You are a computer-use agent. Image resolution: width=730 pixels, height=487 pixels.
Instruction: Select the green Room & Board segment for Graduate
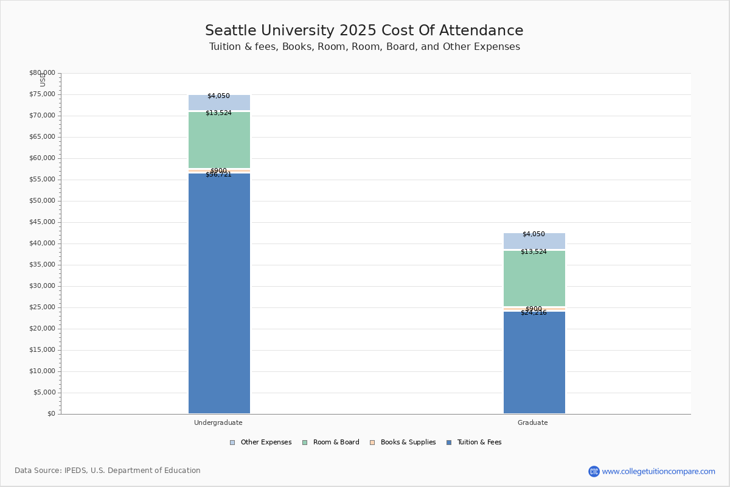(x=534, y=278)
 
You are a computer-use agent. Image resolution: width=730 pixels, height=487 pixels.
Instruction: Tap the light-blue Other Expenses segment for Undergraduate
(x=219, y=103)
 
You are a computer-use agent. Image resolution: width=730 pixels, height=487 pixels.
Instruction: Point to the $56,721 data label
(x=218, y=175)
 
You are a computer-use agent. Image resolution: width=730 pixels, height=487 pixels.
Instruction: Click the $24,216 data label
(x=534, y=313)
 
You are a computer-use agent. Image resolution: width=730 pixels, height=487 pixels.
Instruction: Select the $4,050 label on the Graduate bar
(x=534, y=234)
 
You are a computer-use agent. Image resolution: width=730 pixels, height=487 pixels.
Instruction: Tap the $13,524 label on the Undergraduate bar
(x=218, y=113)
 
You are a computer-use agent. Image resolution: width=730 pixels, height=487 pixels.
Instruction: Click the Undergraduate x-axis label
(x=218, y=422)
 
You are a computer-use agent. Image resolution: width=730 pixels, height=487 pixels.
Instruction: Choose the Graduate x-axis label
(x=533, y=422)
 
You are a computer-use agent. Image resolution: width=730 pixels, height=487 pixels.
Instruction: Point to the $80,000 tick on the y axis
(x=42, y=73)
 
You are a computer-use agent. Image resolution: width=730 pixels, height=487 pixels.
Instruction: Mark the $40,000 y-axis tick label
(x=42, y=243)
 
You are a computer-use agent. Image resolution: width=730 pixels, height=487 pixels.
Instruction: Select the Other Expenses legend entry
(x=261, y=443)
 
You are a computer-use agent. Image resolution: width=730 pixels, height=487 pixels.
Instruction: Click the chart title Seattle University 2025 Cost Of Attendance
(x=364, y=31)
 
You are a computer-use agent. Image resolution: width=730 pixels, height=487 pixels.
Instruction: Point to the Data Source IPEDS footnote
(x=108, y=471)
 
